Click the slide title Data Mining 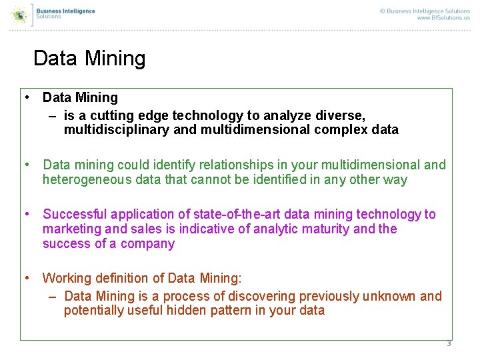coord(89,59)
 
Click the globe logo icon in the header coord(20,14)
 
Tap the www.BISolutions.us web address coord(443,18)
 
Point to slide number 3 coord(449,344)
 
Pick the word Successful coord(75,214)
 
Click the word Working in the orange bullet coord(67,277)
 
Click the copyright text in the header coord(425,11)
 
